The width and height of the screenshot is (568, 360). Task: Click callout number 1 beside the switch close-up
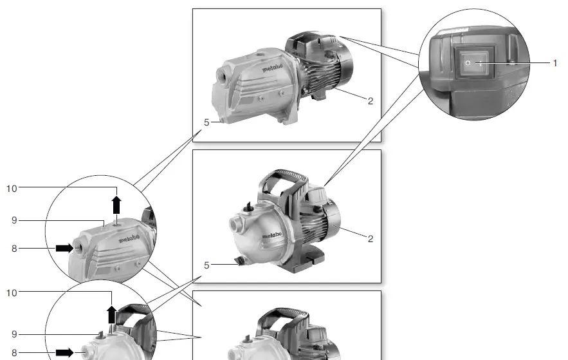click(x=554, y=63)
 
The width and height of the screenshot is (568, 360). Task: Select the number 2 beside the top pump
click(x=371, y=101)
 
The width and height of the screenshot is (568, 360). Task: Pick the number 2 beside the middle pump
click(x=371, y=239)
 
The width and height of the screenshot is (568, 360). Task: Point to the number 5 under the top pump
click(x=206, y=122)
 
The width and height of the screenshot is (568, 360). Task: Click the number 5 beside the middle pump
click(x=206, y=265)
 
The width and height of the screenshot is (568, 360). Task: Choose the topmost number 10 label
click(x=12, y=189)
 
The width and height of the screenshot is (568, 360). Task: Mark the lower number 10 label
click(x=12, y=293)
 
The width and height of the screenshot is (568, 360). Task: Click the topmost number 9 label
click(x=14, y=220)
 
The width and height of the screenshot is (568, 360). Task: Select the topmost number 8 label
click(x=14, y=248)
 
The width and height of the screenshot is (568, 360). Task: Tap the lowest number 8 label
click(x=14, y=353)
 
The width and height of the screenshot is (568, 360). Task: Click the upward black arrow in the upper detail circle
click(x=116, y=205)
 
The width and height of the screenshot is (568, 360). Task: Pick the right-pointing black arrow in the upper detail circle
click(x=64, y=248)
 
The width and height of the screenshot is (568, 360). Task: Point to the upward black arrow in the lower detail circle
click(x=111, y=315)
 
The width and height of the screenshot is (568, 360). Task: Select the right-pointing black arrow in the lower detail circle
click(x=64, y=352)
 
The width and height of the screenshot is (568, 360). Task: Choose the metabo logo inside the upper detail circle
click(x=129, y=240)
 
